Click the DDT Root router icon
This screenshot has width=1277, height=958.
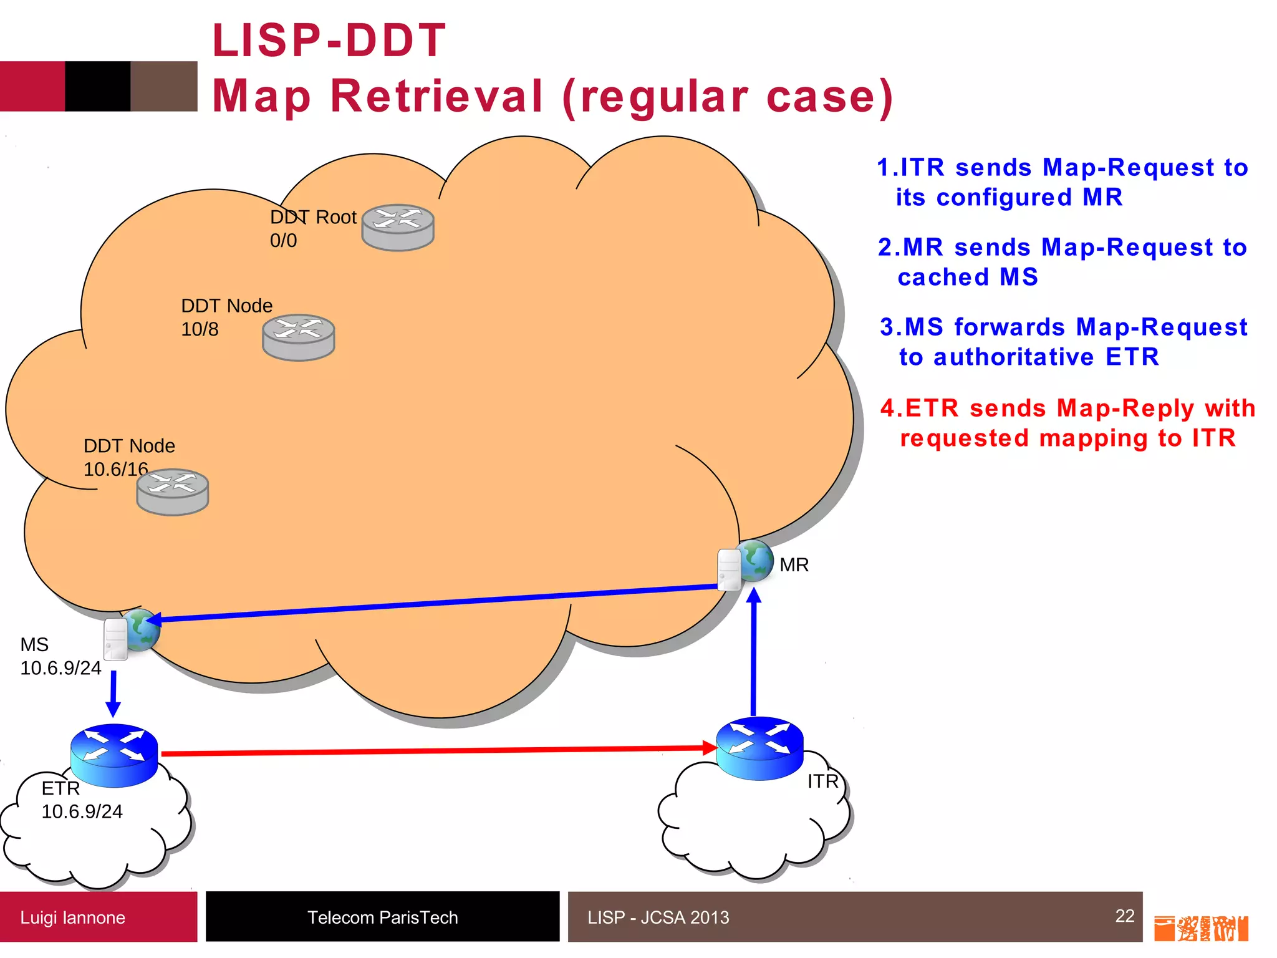coord(398,228)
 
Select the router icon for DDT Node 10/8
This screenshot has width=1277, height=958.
coord(299,337)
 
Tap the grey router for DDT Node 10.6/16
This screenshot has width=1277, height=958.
coord(173,492)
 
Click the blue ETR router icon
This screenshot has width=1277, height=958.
coord(114,755)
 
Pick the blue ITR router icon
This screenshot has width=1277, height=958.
coord(759,748)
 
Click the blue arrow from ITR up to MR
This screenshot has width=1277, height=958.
coord(754,655)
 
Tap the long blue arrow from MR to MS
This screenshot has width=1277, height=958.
coord(436,602)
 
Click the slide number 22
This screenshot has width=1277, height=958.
coord(1124,916)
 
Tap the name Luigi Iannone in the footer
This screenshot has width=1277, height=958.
coord(73,917)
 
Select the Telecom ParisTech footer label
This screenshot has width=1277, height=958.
coord(382,917)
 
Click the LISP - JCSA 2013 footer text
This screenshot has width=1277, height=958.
coord(658,917)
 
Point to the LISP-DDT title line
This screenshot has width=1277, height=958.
coord(329,41)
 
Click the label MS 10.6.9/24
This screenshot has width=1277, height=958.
coord(60,656)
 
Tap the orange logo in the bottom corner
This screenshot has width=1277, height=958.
coord(1200,929)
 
